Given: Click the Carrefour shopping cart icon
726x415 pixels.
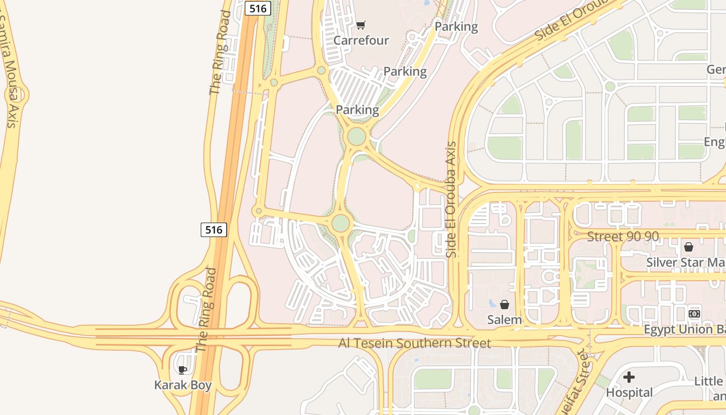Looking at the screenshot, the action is tap(361, 25).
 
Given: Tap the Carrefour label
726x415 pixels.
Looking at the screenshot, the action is tap(361, 40).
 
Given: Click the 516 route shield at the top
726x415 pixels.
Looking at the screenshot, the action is tap(258, 8).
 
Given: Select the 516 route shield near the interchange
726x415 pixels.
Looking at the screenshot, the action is tap(214, 229).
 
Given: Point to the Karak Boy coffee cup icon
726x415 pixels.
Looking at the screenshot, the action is tap(183, 370).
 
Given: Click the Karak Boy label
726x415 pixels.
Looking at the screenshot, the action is tap(183, 385).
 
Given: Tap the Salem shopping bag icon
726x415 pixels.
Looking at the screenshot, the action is tap(504, 305).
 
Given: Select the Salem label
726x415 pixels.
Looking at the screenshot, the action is tap(504, 320).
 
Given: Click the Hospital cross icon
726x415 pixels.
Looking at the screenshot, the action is tap(629, 377).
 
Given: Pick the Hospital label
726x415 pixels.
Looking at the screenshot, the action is tap(629, 393).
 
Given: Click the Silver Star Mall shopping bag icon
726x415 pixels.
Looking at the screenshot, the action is tap(689, 247).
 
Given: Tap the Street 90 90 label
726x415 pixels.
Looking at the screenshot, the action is tap(623, 237).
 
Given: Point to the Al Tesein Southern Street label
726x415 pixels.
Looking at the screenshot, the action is tap(414, 343).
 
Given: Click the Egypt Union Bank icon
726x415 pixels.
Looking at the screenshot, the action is tap(694, 314).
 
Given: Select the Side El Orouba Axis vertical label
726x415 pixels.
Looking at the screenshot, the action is tap(452, 200).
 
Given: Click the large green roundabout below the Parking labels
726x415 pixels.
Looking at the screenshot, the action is tap(356, 137).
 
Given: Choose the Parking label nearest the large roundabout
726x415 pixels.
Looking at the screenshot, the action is tap(357, 110).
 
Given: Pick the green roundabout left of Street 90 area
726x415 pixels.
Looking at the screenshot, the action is tap(340, 224).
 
